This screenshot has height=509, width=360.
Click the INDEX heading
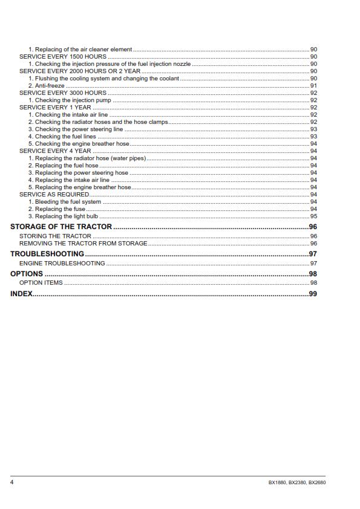pyautogui.click(x=21, y=294)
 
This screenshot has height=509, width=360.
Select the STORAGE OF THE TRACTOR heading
pyautogui.click(x=61, y=227)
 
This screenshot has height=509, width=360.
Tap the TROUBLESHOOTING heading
pyautogui.click(x=47, y=254)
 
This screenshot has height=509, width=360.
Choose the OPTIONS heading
pyautogui.click(x=27, y=274)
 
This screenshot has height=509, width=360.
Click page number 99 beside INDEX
pyautogui.click(x=313, y=294)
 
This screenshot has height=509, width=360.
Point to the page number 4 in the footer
pyautogui.click(x=12, y=482)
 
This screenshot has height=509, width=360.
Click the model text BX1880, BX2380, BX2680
pyautogui.click(x=296, y=482)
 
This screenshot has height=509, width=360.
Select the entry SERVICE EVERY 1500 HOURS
pyautogui.click(x=63, y=56)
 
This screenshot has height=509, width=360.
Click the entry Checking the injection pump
pyautogui.click(x=70, y=100)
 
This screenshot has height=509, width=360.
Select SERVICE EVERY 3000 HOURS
pyautogui.click(x=63, y=92)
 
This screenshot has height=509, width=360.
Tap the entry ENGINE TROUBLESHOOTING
pyautogui.click(x=62, y=264)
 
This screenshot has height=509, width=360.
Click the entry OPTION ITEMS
pyautogui.click(x=41, y=283)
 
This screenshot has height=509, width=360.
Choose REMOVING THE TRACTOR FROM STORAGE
pyautogui.click(x=83, y=243)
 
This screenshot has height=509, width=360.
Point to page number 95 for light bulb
pyautogui.click(x=313, y=216)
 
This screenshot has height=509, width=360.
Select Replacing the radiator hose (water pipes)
pyautogui.click(x=87, y=158)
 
